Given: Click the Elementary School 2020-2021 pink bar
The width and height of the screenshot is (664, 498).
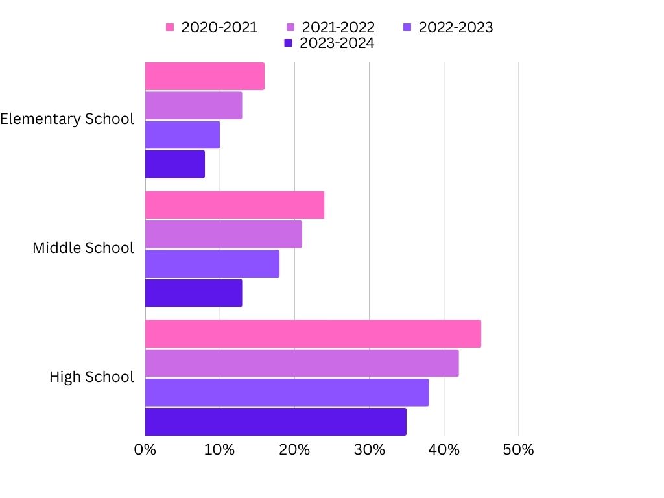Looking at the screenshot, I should coord(204,76).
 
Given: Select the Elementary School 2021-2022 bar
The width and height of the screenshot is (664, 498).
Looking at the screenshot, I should coord(193,106).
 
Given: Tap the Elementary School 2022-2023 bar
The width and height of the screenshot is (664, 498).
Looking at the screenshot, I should coord(182,135).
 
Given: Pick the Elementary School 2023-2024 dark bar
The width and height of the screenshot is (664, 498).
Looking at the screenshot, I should coord(174,164).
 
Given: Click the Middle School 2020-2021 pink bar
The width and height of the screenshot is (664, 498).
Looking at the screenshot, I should coord(234,205).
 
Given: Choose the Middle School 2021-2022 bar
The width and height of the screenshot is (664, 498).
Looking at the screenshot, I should coord(223,234).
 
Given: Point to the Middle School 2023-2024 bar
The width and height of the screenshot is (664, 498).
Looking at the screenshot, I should coord(193,293).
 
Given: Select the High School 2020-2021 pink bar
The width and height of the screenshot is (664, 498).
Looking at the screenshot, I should coord(313,333).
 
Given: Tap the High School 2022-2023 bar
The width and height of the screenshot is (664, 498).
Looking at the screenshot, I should coord(287,392).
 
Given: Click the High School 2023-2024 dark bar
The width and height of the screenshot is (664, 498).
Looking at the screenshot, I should coord(276,421).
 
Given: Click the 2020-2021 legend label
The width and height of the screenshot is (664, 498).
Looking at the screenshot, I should coord(219,27).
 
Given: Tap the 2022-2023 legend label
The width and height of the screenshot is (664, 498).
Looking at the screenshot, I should coord(455,27).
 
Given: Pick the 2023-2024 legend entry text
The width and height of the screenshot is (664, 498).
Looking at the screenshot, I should coord(337,43).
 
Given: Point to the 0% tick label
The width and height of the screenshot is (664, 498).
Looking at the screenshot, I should coord(145,449).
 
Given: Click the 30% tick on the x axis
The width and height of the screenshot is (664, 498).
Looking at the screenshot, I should coord(369,449).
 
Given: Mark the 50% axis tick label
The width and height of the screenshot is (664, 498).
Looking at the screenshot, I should coord(519,449).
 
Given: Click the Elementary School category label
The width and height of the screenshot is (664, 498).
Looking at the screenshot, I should coord(67,119).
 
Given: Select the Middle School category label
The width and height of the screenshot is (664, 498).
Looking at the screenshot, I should coord(83,248).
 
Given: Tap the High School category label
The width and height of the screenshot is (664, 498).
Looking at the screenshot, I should coord(91,377).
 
